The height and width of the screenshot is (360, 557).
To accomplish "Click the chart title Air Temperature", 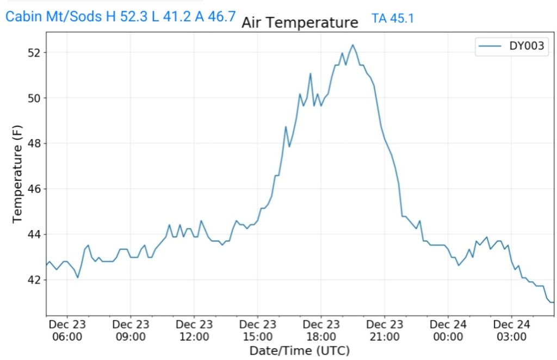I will click(x=300, y=22).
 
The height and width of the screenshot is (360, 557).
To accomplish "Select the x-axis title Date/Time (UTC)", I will click(x=299, y=350).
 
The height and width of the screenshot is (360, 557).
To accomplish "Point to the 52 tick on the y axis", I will click(x=34, y=53).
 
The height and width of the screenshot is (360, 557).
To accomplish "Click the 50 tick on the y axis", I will click(x=34, y=98).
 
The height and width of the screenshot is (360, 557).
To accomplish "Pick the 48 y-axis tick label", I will click(x=34, y=144).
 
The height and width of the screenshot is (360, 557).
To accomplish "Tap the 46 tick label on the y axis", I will click(x=34, y=189).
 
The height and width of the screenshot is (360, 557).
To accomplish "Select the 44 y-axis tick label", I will click(x=34, y=234).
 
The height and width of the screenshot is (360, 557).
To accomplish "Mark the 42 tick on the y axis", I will click(x=34, y=280).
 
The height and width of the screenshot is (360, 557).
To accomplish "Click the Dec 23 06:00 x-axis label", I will click(x=67, y=330).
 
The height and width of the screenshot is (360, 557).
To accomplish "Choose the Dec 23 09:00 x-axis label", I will click(x=131, y=330).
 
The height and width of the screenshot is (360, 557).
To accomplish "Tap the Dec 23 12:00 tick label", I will click(x=194, y=330).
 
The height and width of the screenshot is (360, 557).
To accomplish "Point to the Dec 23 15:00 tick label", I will click(x=257, y=330).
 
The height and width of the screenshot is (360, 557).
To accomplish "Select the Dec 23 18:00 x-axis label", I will click(x=321, y=330).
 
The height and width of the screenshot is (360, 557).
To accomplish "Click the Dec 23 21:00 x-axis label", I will click(x=384, y=330).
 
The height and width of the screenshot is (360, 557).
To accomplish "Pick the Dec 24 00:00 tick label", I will click(x=448, y=330).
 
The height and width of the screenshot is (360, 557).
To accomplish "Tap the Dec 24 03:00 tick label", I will click(x=511, y=330).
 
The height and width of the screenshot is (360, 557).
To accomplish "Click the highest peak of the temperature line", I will click(x=352, y=45).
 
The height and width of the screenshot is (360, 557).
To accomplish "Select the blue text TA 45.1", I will click(x=393, y=18).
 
